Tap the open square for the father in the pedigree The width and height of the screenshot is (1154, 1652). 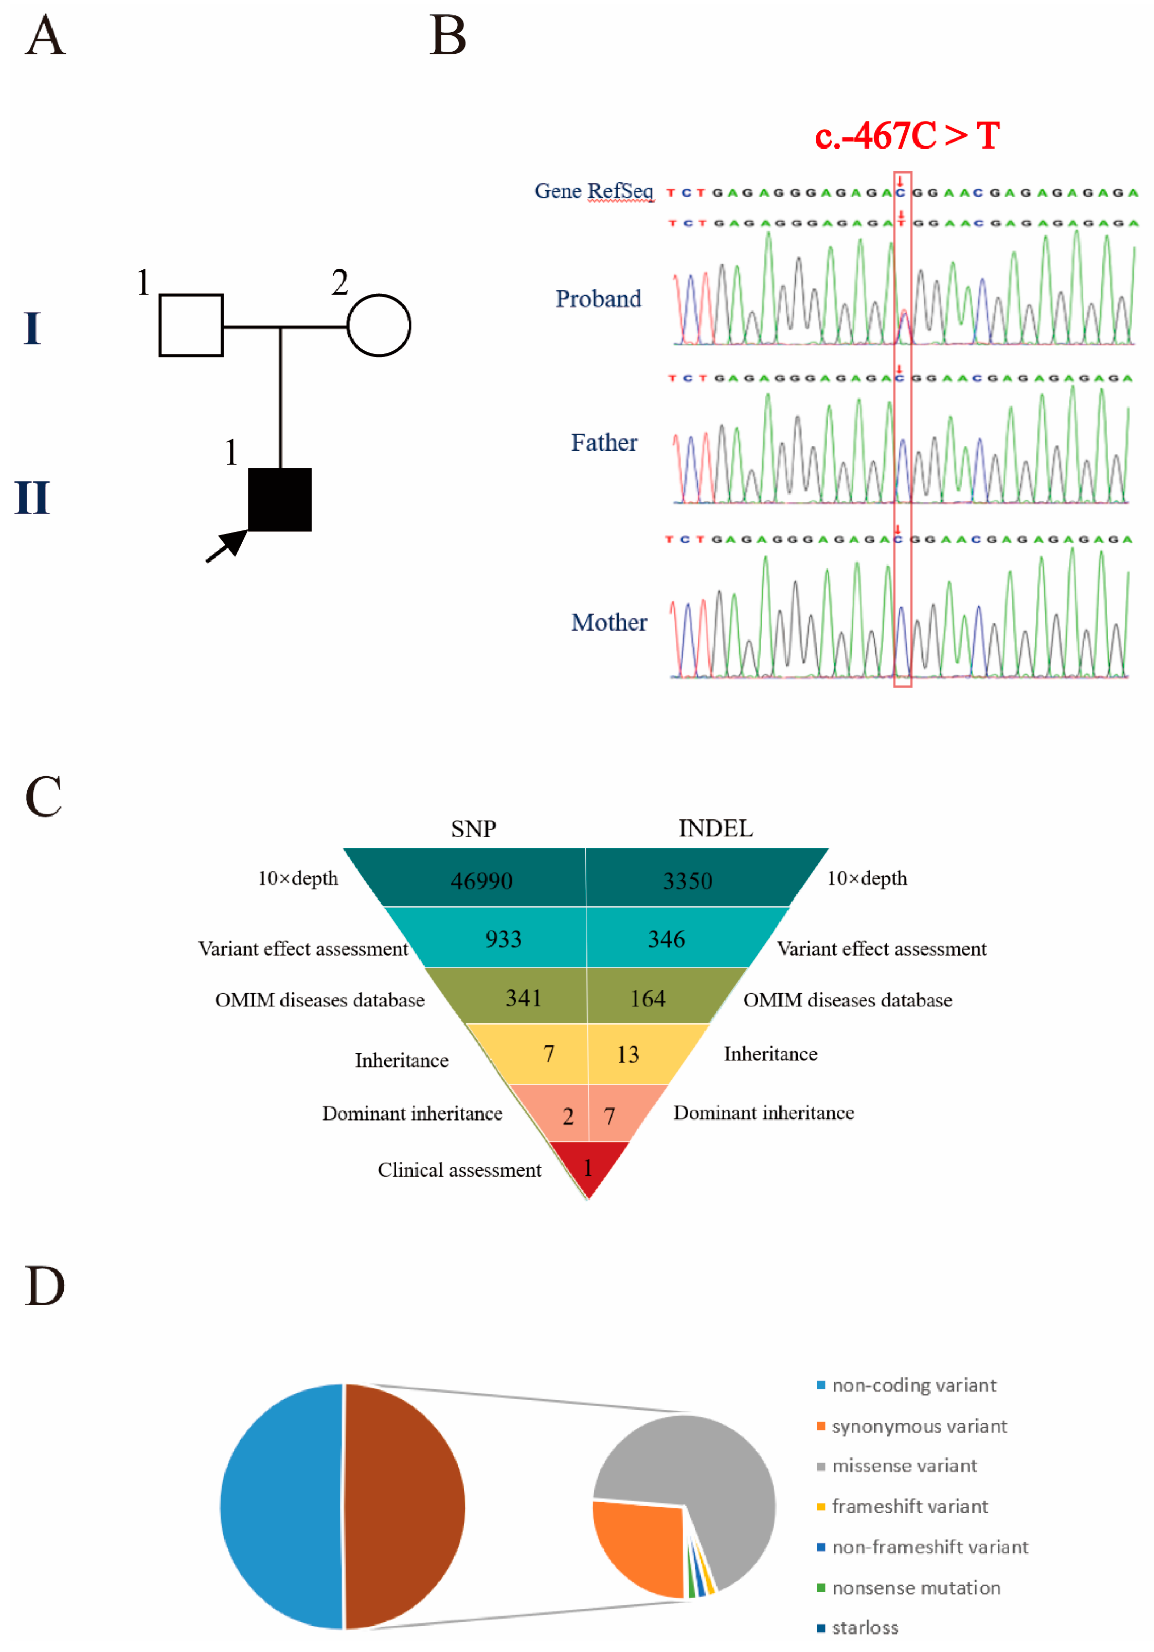pyautogui.click(x=191, y=325)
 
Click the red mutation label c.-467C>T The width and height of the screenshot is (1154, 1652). pyautogui.click(x=907, y=135)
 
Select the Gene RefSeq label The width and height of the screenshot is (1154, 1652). pyautogui.click(x=594, y=191)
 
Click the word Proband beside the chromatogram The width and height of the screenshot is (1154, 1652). pyautogui.click(x=598, y=299)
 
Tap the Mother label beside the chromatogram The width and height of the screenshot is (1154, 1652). pyautogui.click(x=609, y=622)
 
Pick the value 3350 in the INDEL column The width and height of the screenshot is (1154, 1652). pyautogui.click(x=687, y=881)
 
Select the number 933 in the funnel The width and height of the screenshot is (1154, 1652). pyautogui.click(x=503, y=939)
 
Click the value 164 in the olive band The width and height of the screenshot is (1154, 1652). pyautogui.click(x=648, y=998)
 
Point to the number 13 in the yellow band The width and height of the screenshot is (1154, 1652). pyautogui.click(x=627, y=1055)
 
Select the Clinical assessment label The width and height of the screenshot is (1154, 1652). pyautogui.click(x=459, y=1170)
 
